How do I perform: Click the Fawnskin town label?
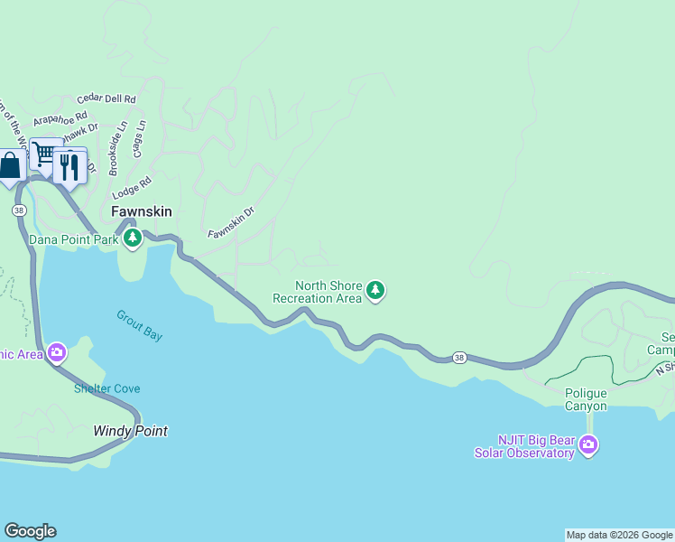141,211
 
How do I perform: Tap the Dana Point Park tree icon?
133,238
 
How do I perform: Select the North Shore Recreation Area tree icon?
376,291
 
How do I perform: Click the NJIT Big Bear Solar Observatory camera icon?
588,444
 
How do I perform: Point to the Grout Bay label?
140,325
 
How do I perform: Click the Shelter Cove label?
106,388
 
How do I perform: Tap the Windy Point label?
130,431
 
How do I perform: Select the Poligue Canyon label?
586,399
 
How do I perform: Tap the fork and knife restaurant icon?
69,164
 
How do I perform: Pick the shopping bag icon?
10,166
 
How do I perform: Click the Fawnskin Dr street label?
232,222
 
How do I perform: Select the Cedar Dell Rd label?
106,98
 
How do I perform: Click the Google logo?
30,531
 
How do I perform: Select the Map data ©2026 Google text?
619,535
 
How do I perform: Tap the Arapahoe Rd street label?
60,117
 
